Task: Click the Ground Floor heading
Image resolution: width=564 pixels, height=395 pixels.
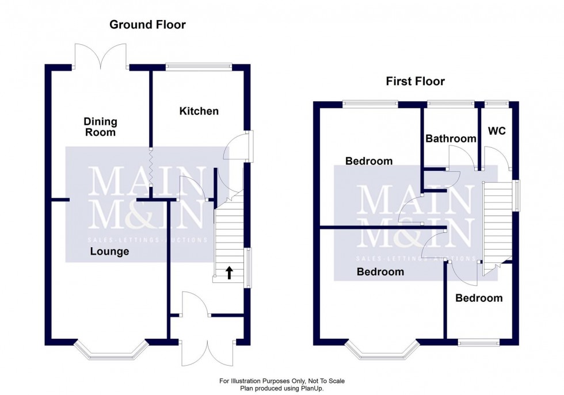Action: pyautogui.click(x=147, y=24)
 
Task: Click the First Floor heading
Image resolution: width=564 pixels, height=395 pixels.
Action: pyautogui.click(x=415, y=81)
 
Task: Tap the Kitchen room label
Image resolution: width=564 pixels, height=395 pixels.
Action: pyautogui.click(x=199, y=111)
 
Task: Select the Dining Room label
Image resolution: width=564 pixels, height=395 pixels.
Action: pyautogui.click(x=100, y=126)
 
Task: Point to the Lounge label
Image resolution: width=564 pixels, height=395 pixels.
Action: pyautogui.click(x=109, y=251)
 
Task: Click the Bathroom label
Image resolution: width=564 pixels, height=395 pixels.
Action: pyautogui.click(x=451, y=139)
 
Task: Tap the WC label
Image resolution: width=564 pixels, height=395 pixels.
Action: pyautogui.click(x=497, y=131)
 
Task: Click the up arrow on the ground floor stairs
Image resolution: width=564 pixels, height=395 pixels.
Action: pyautogui.click(x=229, y=273)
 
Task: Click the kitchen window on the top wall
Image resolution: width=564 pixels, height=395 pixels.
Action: pyautogui.click(x=199, y=67)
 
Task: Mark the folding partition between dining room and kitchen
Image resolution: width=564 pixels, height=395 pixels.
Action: pyautogui.click(x=151, y=167)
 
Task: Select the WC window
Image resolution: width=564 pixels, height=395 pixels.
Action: pyautogui.click(x=497, y=103)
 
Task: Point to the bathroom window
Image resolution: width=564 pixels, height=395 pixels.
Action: pyautogui.click(x=451, y=103)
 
